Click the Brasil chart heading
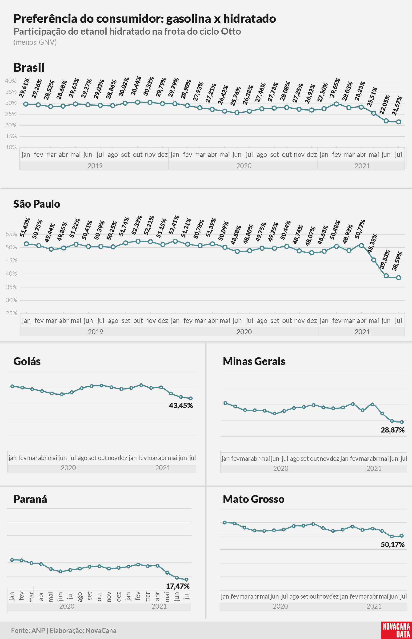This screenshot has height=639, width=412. tap(29, 67)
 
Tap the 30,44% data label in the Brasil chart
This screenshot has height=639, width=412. tap(136, 86)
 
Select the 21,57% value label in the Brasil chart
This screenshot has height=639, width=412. tap(397, 105)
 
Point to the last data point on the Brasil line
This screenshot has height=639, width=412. tap(398, 122)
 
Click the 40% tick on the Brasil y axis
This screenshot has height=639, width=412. tap(11, 81)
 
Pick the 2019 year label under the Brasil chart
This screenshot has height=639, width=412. tap(95, 166)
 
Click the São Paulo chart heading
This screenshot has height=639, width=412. tap(37, 204)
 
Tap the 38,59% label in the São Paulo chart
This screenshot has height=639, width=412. tap(397, 261)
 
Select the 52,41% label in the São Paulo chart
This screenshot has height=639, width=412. tap(174, 225)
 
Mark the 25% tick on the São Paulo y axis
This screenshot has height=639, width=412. tap(11, 313)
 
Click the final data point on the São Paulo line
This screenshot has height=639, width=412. tap(398, 278)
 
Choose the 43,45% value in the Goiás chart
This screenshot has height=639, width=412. tap(181, 406)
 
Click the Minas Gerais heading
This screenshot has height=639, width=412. tap(254, 361)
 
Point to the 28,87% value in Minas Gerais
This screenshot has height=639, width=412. tap(392, 430)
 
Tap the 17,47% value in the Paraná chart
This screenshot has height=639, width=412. tap(178, 586)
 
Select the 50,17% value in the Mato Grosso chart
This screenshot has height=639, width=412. tap(392, 544)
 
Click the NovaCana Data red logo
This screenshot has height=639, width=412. tap(396, 630)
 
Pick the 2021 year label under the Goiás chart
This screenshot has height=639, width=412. tap(163, 468)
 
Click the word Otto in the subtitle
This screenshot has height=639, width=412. tap(231, 31)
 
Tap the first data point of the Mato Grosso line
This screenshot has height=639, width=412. tap(225, 522)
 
